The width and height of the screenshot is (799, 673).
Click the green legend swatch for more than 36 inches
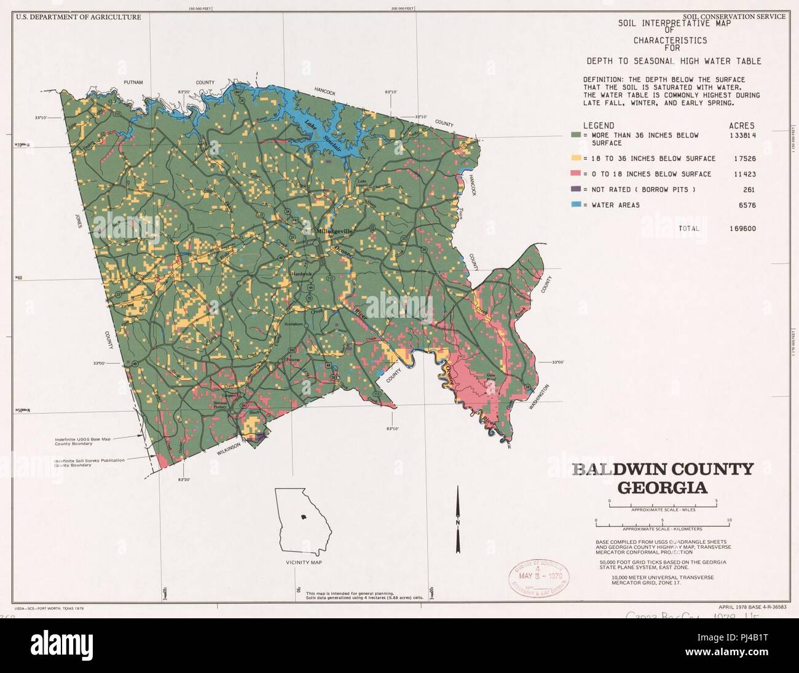click(x=576, y=135)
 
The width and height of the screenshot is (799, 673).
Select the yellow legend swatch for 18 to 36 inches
click(x=576, y=159)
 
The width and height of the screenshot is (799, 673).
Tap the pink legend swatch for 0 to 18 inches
click(x=576, y=174)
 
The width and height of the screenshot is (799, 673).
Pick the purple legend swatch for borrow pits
click(x=576, y=190)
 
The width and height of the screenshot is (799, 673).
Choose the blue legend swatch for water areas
click(x=576, y=205)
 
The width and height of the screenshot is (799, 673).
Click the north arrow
click(x=457, y=520)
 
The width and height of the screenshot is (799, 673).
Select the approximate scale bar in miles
click(x=663, y=504)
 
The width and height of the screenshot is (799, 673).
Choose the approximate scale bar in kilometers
click(x=662, y=523)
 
